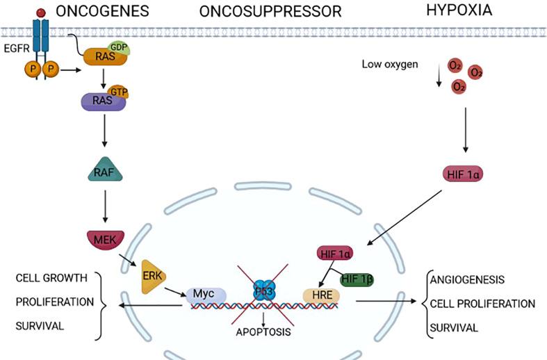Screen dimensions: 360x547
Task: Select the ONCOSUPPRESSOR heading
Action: (x=270, y=12)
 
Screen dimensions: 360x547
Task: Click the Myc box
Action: (x=207, y=296)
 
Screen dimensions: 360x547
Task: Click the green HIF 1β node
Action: (x=358, y=279)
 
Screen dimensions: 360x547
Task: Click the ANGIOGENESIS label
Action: (x=467, y=280)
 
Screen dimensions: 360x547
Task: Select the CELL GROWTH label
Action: (x=51, y=279)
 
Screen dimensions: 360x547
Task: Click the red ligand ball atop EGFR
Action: (x=43, y=12)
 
